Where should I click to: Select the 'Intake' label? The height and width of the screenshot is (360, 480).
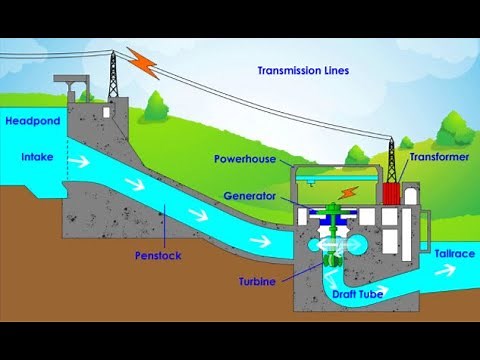point(37,158)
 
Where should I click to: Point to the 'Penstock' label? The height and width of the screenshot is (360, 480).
point(158,256)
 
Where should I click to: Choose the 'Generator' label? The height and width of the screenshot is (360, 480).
point(250,195)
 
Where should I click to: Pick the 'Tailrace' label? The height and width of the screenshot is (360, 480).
point(455,255)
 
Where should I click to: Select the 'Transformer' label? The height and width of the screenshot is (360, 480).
point(439,157)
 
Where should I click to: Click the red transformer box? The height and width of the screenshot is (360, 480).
point(391,194)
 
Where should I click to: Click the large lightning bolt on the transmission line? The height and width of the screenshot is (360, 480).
point(147,63)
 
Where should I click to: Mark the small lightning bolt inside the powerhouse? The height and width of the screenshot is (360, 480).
point(347,191)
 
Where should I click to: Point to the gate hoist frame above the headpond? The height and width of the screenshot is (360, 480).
point(73,84)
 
